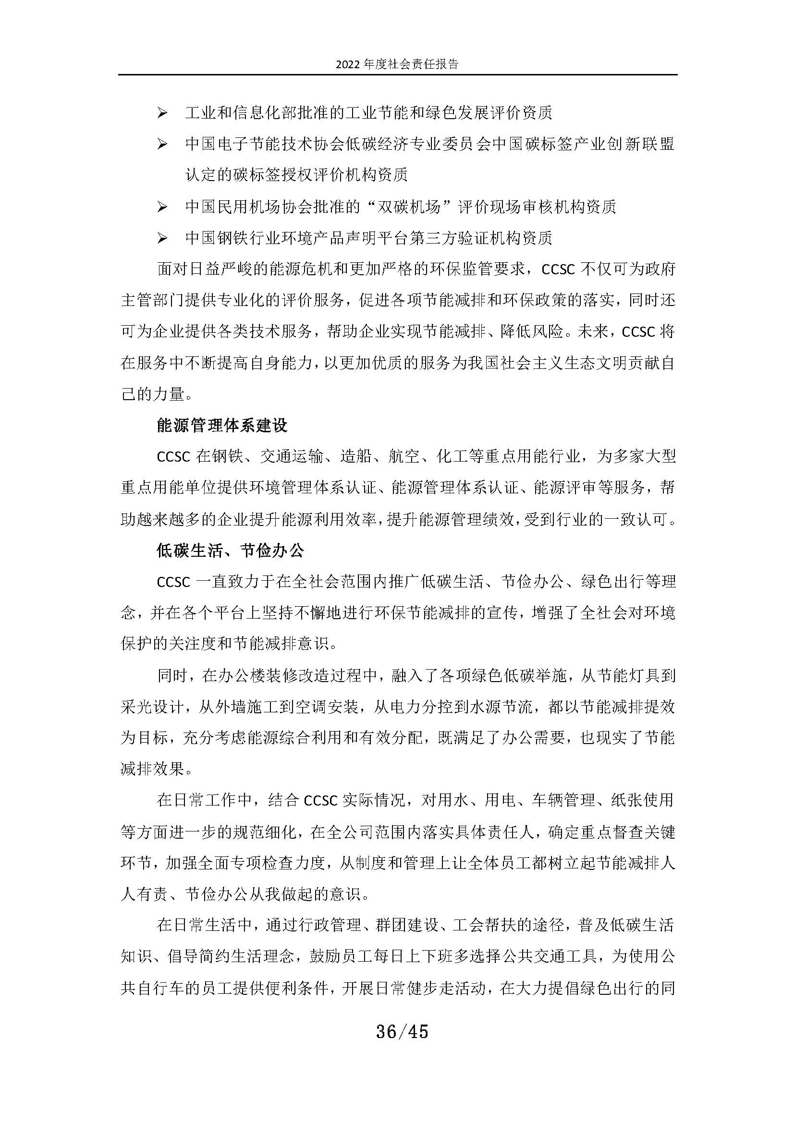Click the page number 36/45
click(x=402, y=1032)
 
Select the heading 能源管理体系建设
click(x=222, y=426)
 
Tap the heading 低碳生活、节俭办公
click(x=230, y=551)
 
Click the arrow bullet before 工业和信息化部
click(x=162, y=113)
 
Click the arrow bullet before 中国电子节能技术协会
click(x=162, y=145)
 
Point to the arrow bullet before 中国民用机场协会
click(x=162, y=207)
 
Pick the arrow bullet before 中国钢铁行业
click(x=162, y=238)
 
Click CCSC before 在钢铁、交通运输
click(x=173, y=457)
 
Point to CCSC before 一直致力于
click(x=173, y=583)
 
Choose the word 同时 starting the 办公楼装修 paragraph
click(x=172, y=676)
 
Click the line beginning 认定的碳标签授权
click(x=296, y=175)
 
